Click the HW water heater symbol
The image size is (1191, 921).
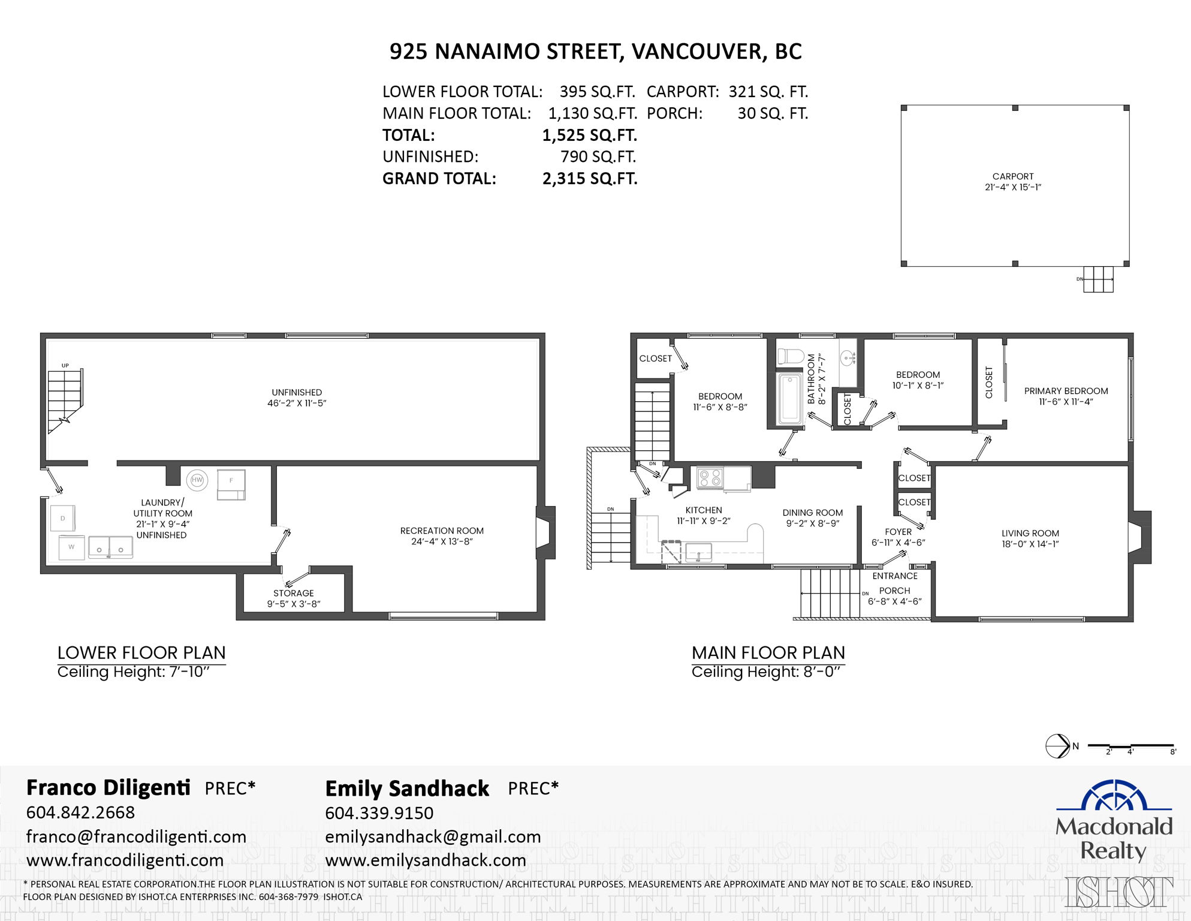click(197, 480)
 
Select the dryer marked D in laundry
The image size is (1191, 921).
click(63, 519)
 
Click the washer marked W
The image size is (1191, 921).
click(71, 547)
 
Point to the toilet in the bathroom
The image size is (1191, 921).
click(790, 356)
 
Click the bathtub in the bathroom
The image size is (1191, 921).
click(790, 399)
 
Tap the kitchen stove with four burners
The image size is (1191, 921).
click(710, 478)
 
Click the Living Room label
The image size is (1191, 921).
click(1030, 533)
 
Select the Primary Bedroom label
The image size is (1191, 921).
click(1066, 391)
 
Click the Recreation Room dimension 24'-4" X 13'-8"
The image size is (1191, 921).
click(442, 541)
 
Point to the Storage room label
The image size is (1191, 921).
click(293, 593)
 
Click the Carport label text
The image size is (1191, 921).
click(1013, 176)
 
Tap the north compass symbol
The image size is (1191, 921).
click(1058, 746)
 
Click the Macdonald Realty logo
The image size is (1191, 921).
click(1114, 820)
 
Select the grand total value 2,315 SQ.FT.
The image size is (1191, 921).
click(590, 179)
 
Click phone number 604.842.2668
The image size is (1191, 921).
click(80, 812)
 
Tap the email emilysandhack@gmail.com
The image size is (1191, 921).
click(433, 836)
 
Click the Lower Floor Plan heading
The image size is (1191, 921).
click(141, 652)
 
